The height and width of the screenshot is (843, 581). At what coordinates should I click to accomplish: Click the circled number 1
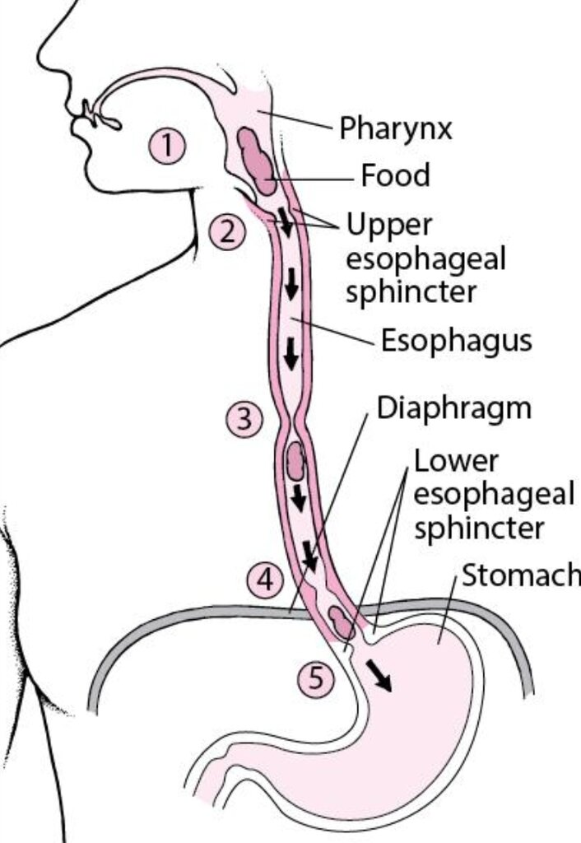pos(167,146)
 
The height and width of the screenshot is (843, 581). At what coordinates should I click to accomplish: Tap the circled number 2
pos(227,232)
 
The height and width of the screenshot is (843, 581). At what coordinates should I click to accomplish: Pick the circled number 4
pos(265,580)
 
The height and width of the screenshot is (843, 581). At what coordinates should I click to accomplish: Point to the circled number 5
pos(316,678)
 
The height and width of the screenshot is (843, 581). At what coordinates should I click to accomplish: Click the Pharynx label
pos(396,129)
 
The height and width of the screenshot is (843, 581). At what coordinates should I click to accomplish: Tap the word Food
pos(396,175)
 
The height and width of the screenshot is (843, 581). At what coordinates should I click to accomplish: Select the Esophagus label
pos(456,341)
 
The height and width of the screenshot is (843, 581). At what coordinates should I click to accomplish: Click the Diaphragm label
pos(454,408)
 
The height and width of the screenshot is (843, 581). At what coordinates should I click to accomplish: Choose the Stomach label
pos(521,575)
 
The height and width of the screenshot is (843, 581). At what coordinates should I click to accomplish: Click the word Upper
pos(389,226)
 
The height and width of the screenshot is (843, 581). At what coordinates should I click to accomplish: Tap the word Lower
pos(456,462)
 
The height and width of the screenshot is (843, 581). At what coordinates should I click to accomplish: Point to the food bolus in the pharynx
pos(257,160)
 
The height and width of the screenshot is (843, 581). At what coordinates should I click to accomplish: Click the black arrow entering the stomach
pos(379,675)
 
